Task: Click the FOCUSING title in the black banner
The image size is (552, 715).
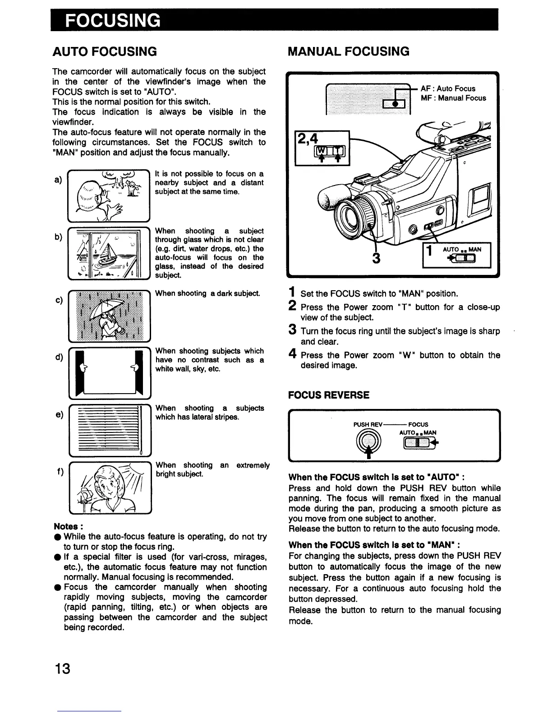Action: [113, 21]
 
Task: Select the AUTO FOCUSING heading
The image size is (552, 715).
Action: [105, 51]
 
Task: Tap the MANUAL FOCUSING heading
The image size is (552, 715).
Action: [349, 51]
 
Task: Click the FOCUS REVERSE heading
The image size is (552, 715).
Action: [329, 395]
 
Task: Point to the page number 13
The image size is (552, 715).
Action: [63, 668]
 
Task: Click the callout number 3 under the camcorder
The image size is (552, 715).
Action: [377, 258]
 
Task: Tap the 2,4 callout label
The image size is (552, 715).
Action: [307, 137]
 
